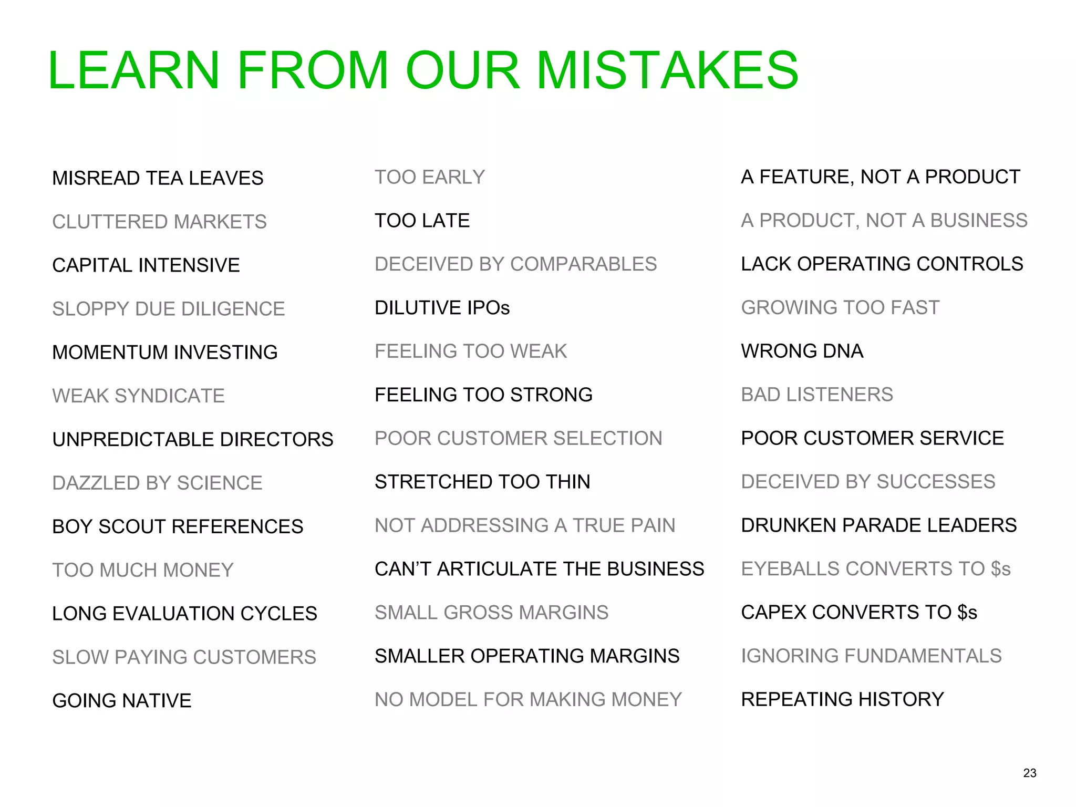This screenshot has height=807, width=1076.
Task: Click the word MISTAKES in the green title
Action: click(667, 70)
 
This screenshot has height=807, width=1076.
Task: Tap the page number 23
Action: click(1030, 773)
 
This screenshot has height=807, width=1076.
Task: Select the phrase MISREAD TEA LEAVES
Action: click(158, 178)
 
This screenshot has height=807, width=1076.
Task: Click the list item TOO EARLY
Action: click(429, 177)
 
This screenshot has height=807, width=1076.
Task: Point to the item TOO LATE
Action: click(422, 221)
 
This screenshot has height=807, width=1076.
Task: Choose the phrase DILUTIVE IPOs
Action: click(442, 308)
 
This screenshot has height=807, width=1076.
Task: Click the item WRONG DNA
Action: click(802, 351)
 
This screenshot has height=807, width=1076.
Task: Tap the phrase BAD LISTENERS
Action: click(816, 395)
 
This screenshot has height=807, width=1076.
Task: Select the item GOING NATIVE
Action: click(122, 700)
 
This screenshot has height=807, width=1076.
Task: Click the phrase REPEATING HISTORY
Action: click(842, 699)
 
